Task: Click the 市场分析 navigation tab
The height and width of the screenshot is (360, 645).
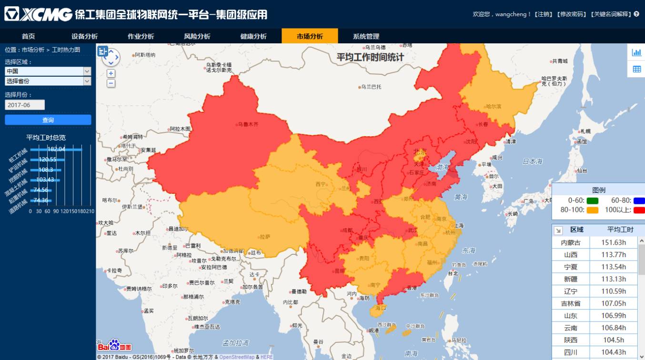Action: (310, 36)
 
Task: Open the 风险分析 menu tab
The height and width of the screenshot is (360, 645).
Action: (197, 36)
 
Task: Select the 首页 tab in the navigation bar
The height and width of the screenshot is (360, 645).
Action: (28, 36)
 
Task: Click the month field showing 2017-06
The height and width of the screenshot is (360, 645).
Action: (25, 105)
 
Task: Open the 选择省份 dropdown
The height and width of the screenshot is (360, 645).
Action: (48, 81)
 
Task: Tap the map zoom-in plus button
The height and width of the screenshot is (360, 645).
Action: (111, 73)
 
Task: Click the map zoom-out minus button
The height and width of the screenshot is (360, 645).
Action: (111, 83)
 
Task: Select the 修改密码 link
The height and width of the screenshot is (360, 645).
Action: (572, 14)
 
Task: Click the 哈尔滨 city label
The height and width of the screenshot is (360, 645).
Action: (493, 107)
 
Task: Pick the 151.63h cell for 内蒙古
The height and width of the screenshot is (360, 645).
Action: (613, 242)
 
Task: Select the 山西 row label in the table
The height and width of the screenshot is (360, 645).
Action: (571, 255)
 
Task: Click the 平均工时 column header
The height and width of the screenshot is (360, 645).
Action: (620, 230)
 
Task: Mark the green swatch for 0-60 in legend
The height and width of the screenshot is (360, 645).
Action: (593, 201)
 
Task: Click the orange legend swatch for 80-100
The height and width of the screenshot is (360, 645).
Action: (593, 210)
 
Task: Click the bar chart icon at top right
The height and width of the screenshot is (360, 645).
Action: (636, 52)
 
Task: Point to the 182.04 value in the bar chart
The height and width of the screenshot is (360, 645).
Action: (56, 149)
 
